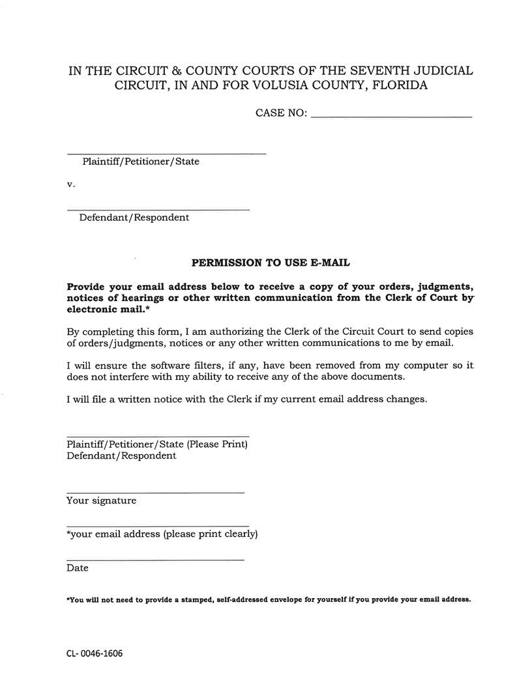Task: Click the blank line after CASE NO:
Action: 391,116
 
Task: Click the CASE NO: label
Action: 281,113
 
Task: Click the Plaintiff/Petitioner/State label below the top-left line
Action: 141,162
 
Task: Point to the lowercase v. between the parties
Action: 71,184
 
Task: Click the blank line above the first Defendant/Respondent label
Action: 158,209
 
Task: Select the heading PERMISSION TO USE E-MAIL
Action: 271,263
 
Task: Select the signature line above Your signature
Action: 155,493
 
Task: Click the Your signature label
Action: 101,501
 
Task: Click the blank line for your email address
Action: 158,525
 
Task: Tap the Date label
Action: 77,568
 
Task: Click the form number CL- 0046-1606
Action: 94,653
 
